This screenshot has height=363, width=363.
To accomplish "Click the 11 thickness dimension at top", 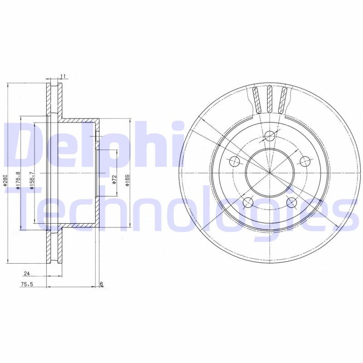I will click(63, 76).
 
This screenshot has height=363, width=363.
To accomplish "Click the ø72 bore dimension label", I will click(114, 179).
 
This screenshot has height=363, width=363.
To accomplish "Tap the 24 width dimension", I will click(26, 274).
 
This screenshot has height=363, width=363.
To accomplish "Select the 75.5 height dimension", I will click(27, 284).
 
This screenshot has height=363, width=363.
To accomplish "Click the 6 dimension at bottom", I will click(102, 284).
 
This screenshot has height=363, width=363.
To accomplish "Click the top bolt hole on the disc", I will click(270, 135).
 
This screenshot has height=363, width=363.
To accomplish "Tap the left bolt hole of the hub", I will click(235, 161).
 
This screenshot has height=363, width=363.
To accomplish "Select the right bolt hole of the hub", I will click(305, 161).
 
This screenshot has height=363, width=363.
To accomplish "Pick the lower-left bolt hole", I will click(248, 202).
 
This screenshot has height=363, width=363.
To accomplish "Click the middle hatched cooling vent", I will click(270, 99).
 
